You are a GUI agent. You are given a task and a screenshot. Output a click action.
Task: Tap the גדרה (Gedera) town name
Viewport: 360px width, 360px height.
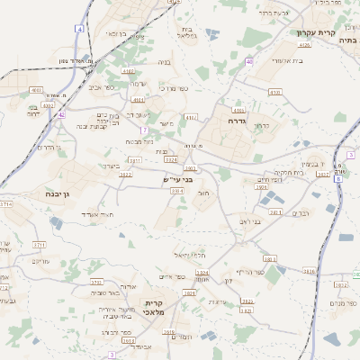(238, 120)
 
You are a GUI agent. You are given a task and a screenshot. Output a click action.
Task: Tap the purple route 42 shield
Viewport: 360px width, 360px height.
(61, 114)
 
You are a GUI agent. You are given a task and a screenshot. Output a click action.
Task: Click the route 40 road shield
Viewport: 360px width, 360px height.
(248, 61)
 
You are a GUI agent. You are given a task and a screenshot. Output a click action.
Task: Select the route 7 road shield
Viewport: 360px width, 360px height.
(144, 130)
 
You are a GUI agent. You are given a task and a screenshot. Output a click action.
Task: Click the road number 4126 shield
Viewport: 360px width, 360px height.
(303, 43)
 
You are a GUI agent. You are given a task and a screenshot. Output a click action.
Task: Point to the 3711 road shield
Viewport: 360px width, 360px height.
(39, 244)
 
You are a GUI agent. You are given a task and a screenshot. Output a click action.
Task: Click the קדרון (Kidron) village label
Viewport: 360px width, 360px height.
(262, 126)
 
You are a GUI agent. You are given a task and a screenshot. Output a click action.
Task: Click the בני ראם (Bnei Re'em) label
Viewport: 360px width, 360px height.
(256, 220)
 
